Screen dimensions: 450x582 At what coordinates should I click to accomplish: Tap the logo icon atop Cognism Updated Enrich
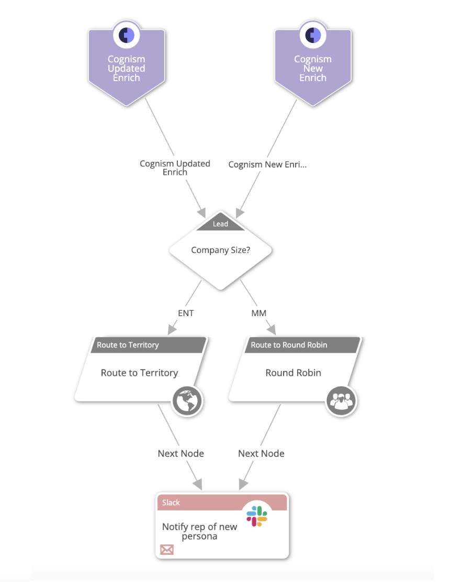(127, 35)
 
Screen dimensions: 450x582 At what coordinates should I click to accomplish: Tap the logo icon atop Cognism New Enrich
(313, 35)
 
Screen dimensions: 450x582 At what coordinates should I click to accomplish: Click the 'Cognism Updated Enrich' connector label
(175, 167)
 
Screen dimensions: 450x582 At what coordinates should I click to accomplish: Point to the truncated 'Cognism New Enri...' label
(267, 164)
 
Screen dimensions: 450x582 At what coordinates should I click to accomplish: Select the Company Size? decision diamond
(220, 250)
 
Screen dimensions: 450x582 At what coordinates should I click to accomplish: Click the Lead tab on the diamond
(220, 224)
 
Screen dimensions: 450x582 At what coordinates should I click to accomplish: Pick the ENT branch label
(186, 313)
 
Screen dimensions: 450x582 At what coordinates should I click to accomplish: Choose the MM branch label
(258, 313)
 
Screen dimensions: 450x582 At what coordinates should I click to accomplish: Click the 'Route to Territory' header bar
(149, 345)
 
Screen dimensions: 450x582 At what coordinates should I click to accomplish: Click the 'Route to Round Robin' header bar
(302, 345)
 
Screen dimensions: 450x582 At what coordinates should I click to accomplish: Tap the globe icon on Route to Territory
(187, 401)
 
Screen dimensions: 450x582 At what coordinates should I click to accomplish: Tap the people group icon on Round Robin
(341, 401)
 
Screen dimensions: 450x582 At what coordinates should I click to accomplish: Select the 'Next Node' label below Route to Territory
(181, 453)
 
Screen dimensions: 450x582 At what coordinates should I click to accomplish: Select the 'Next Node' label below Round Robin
(261, 453)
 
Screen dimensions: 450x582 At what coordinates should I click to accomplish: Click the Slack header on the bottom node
(221, 502)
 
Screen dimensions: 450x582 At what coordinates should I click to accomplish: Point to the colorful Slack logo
(257, 516)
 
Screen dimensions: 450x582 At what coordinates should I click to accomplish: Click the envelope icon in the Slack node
(166, 550)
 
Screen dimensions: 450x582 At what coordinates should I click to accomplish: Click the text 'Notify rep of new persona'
(199, 531)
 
